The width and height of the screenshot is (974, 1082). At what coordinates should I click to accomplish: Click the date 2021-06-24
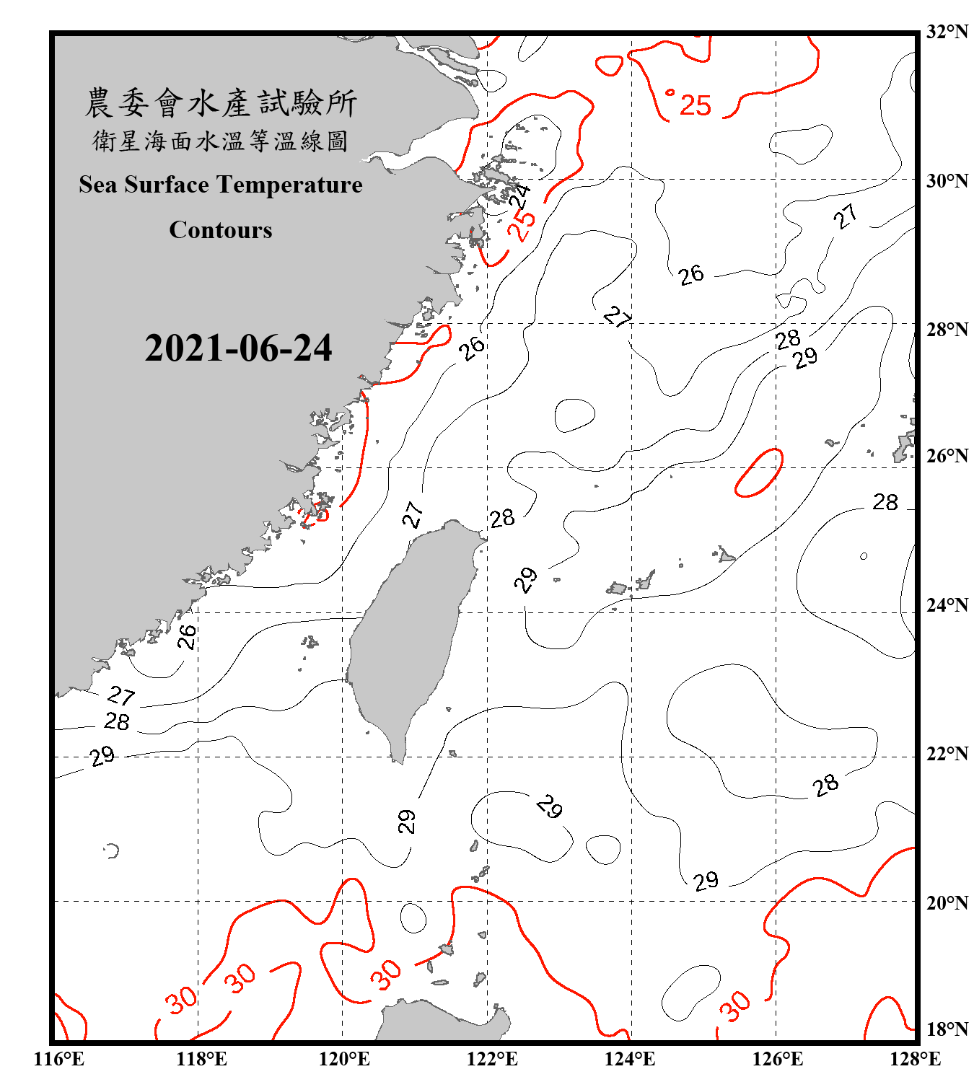tap(238, 348)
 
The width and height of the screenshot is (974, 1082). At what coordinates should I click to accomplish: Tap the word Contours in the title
tap(220, 230)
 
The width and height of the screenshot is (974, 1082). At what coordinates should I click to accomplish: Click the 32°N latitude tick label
tap(947, 32)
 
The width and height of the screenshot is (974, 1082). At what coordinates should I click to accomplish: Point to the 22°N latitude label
tap(947, 754)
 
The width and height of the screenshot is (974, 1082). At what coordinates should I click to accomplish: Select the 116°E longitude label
tap(59, 1059)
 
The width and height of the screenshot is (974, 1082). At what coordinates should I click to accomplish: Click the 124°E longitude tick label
tap(630, 1059)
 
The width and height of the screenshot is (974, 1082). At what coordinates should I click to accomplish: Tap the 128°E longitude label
tap(915, 1059)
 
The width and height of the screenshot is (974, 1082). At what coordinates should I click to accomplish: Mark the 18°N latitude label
tap(947, 1029)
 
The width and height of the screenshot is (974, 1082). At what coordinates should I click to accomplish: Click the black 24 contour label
tap(519, 195)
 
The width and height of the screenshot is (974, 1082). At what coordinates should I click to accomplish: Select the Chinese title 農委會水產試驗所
tap(220, 103)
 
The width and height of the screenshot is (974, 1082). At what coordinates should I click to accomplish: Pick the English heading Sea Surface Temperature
tap(220, 185)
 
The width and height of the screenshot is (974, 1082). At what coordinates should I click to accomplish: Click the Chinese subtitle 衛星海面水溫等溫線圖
tap(220, 141)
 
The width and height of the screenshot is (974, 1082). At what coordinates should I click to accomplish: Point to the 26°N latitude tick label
tap(947, 456)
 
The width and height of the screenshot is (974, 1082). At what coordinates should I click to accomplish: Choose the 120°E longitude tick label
tap(344, 1059)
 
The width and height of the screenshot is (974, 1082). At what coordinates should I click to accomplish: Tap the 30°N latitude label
tap(947, 181)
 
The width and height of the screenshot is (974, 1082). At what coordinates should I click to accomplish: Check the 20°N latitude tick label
tap(947, 902)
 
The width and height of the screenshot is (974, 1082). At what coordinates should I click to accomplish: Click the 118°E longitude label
tap(201, 1059)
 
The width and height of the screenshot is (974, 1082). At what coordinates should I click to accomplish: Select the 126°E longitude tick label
tap(777, 1059)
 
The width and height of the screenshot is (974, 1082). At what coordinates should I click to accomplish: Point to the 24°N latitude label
tap(947, 605)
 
